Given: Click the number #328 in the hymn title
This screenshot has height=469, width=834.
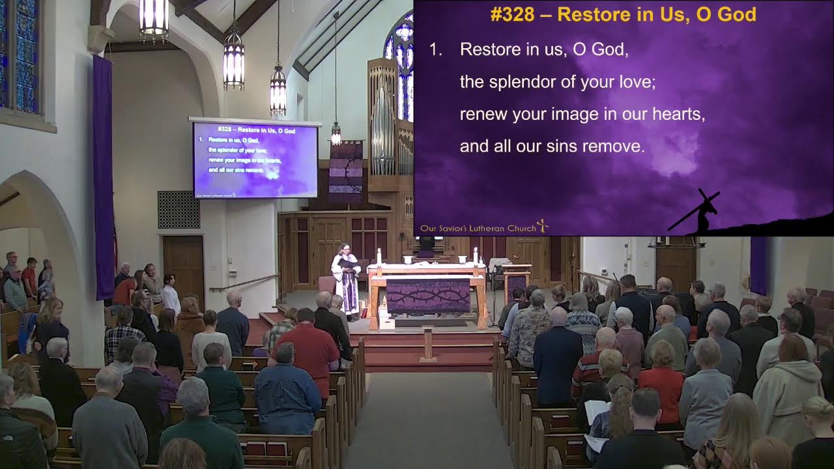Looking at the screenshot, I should click(513, 14).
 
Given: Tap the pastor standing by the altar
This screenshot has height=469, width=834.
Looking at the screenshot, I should click(345, 280).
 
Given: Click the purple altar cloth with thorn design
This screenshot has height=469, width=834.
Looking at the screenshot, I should click(428, 296).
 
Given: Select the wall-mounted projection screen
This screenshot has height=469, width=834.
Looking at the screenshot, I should click(255, 160).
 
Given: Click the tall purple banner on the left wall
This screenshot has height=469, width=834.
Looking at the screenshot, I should click(103, 176).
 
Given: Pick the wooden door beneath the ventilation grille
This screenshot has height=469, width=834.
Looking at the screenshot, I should click(183, 267).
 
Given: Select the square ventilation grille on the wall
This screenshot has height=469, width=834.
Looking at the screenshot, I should click(179, 210).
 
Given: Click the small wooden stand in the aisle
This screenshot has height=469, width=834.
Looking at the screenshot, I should click(428, 343).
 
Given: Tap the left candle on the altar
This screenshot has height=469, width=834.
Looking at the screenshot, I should click(379, 256).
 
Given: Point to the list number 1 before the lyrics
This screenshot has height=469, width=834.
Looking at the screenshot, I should click(436, 50).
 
